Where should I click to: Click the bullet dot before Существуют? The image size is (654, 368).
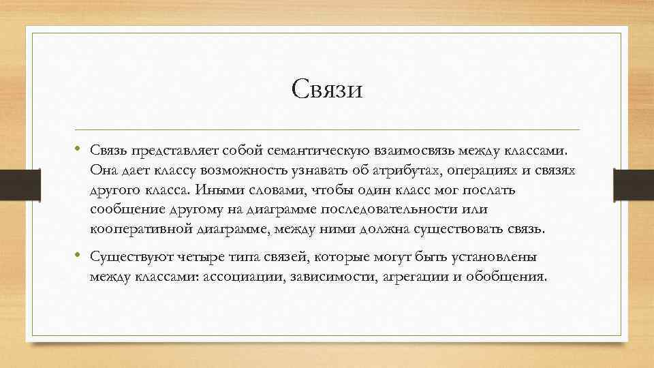click(x=79, y=256)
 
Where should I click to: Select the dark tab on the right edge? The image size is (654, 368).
click(x=634, y=184)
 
